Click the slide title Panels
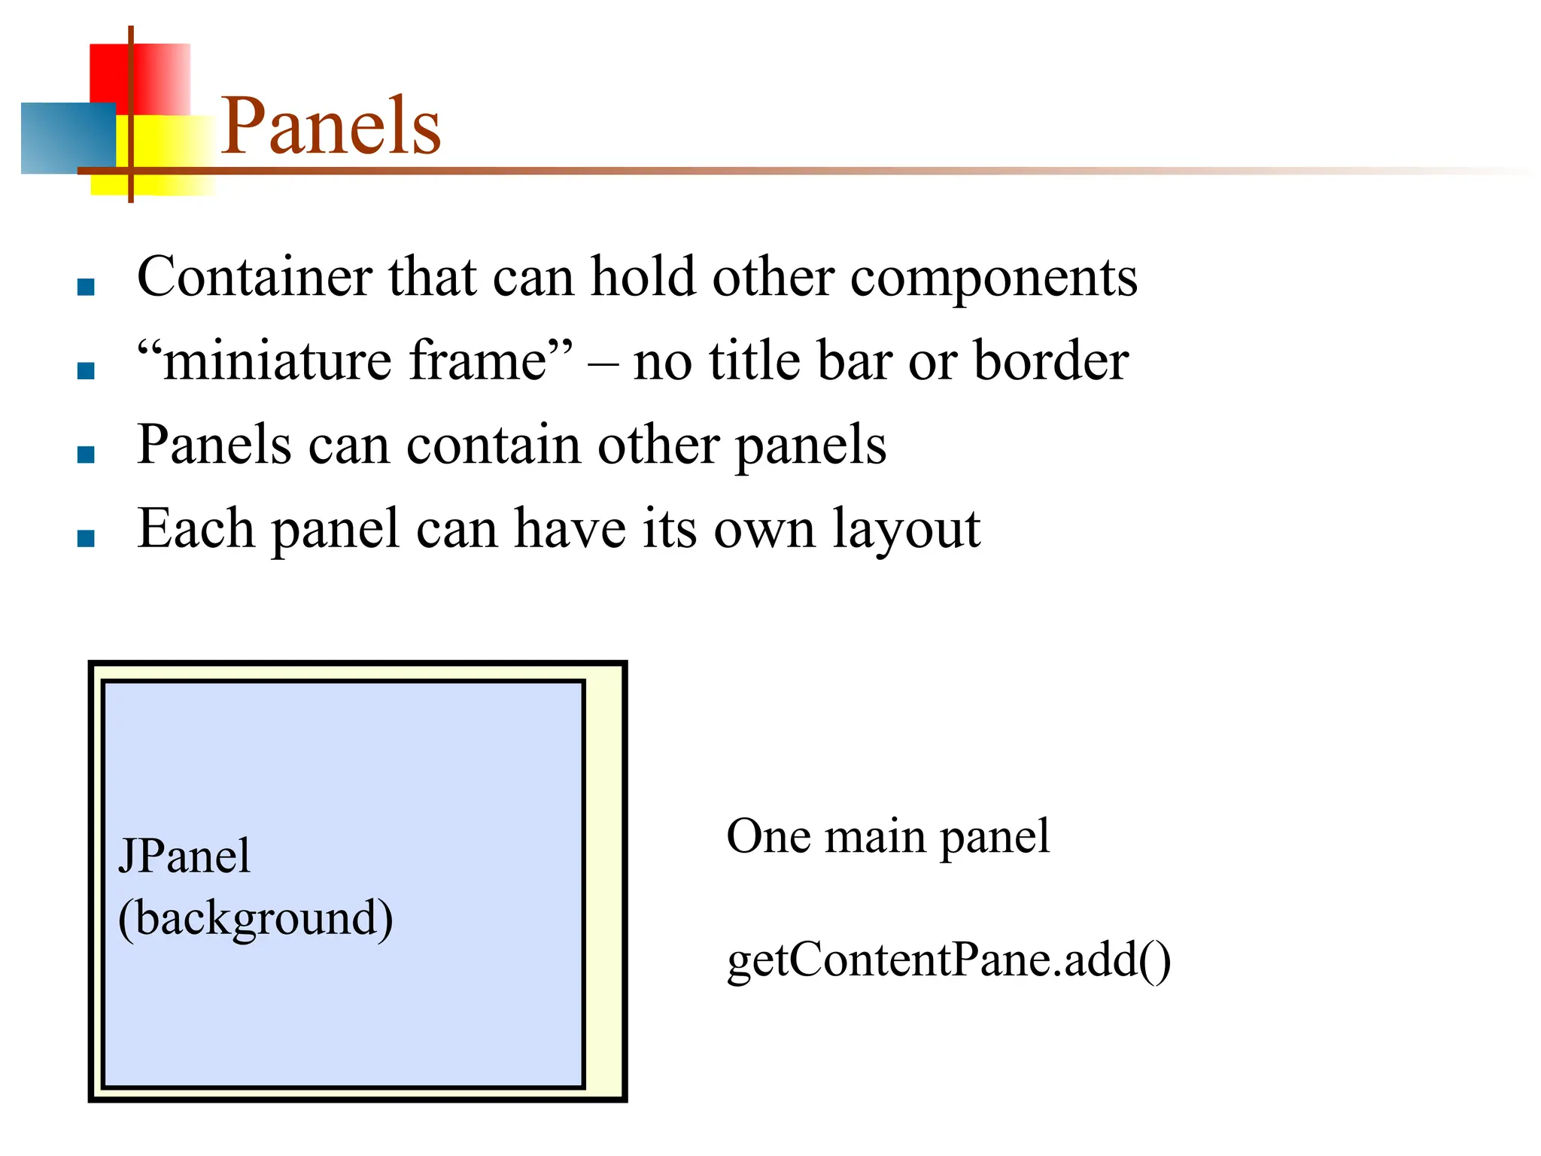pos(330,126)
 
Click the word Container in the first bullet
pos(254,276)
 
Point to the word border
pos(1051,360)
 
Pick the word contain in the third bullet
pos(493,445)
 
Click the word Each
pos(196,528)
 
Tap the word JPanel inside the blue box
pos(184,856)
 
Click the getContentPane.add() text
pos(948,961)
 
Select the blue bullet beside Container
pos(86,287)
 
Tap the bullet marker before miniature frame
pos(86,370)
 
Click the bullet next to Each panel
pos(86,538)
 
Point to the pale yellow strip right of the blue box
pos(604,881)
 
